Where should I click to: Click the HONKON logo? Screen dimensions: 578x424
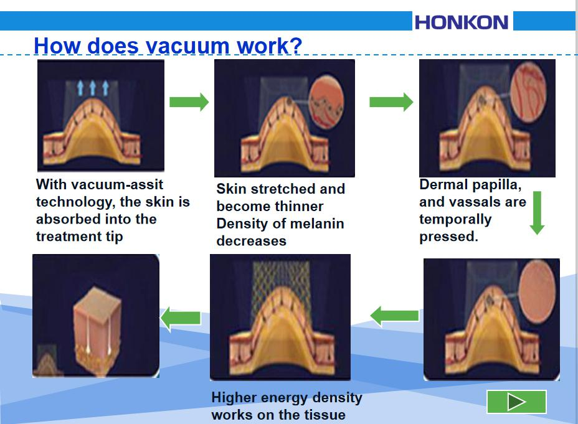coord(462,22)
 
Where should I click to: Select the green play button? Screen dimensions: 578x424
coord(516,402)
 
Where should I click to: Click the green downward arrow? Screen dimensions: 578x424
coord(537,213)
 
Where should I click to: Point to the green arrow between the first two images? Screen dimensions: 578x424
coord(189,102)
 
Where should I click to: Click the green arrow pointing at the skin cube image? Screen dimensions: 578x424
coord(181,318)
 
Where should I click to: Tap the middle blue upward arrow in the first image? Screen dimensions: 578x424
coord(93,88)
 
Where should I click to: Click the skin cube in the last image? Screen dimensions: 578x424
coord(97,328)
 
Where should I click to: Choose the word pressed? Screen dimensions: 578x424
coord(448,237)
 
